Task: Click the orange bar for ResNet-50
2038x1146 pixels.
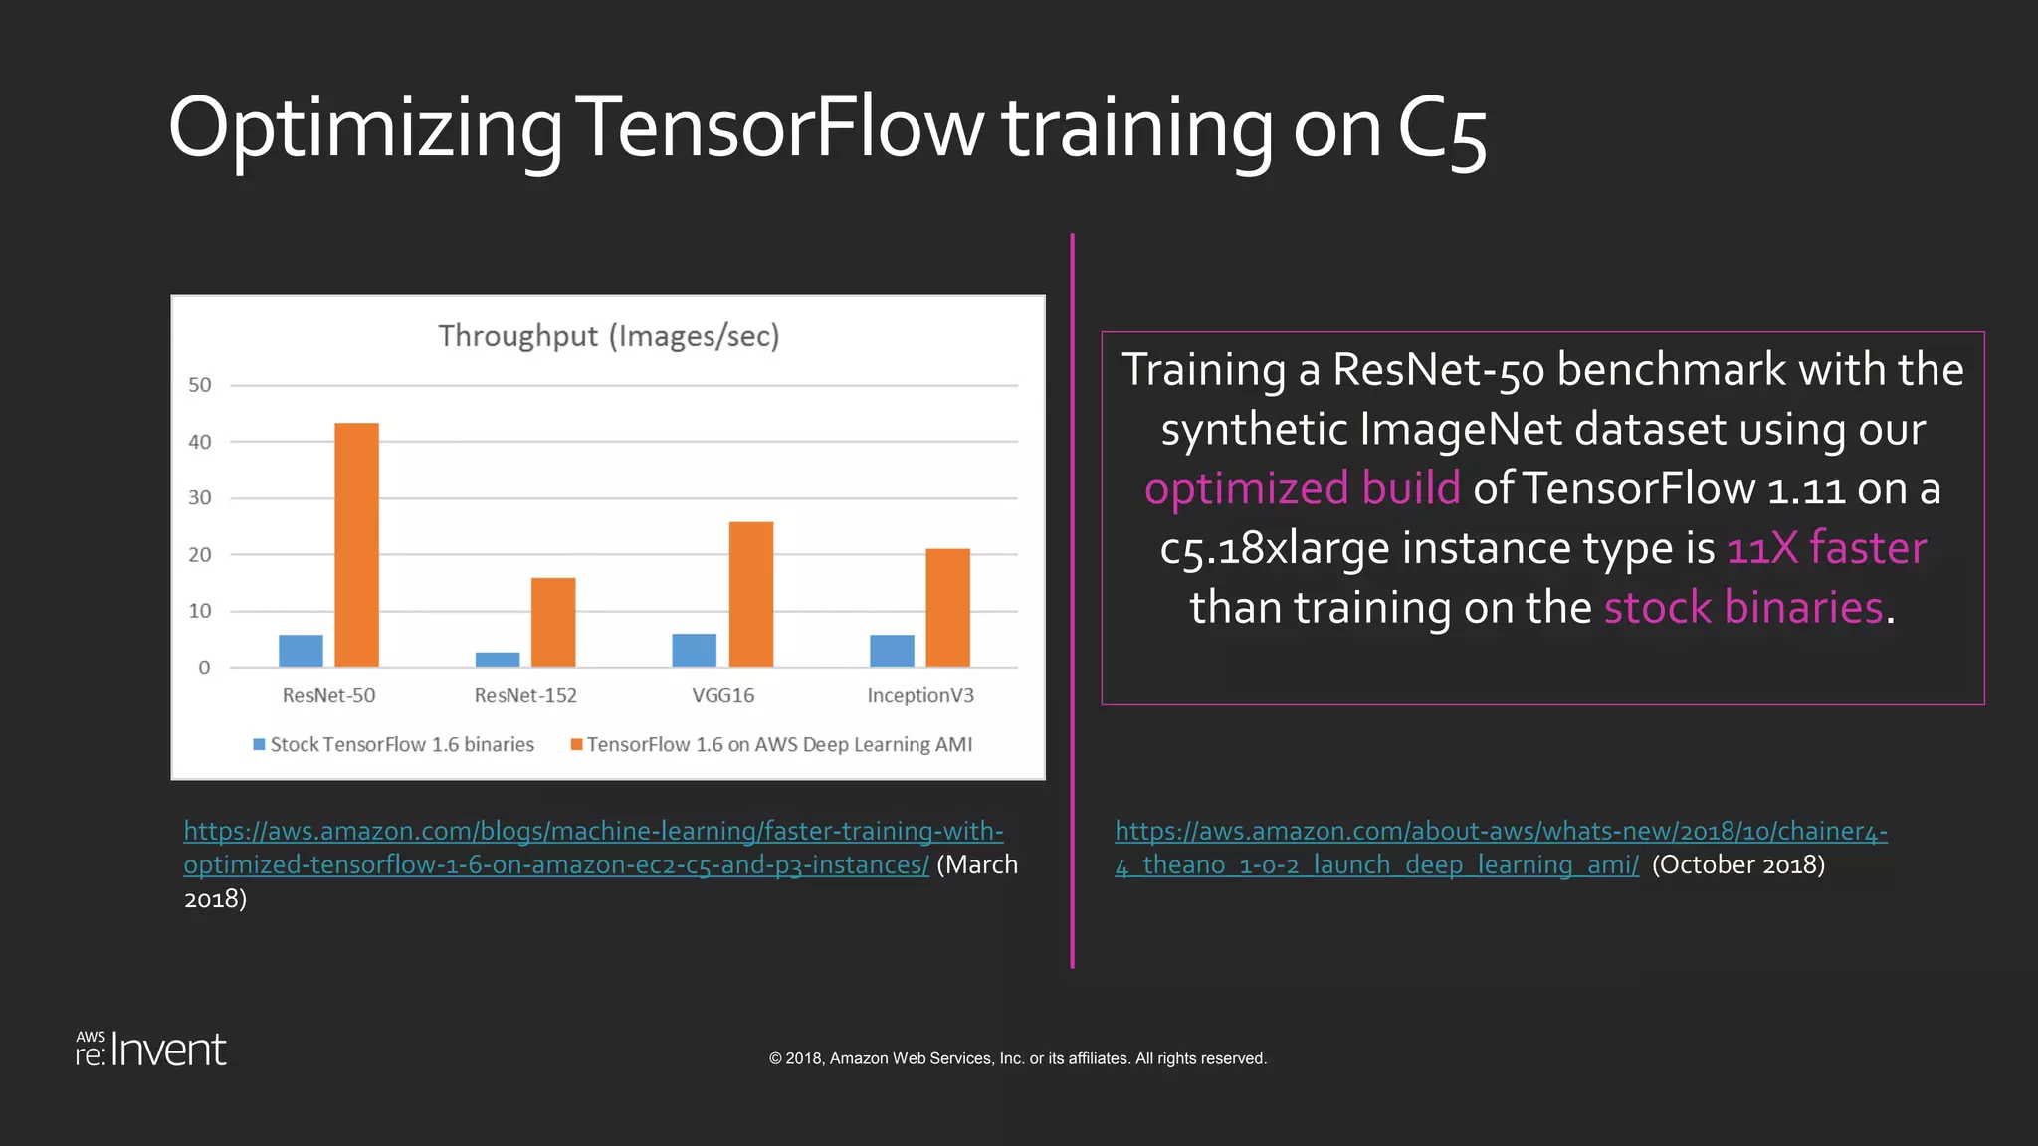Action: [356, 544]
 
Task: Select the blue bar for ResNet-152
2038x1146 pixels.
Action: [498, 660]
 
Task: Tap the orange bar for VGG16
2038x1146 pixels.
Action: [751, 594]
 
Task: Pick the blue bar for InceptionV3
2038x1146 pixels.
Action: [892, 651]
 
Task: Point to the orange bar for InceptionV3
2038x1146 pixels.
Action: [947, 607]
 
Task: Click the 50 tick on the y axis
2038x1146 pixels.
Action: [200, 385]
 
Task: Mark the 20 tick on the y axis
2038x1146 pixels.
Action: [200, 555]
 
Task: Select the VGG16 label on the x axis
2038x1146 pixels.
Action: [723, 696]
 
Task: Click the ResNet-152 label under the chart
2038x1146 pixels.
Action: [525, 696]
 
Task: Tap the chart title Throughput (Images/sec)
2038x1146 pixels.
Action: [609, 336]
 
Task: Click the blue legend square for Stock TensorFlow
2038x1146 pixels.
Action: [260, 744]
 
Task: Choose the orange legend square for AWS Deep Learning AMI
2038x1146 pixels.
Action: [576, 744]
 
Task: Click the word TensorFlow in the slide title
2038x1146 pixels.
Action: [779, 129]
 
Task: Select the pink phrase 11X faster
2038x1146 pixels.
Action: [1826, 548]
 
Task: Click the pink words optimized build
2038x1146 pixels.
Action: [1302, 488]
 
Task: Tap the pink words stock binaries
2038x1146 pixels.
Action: [1743, 607]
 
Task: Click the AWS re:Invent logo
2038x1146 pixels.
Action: [151, 1050]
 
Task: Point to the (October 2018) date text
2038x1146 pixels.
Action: [1737, 864]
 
